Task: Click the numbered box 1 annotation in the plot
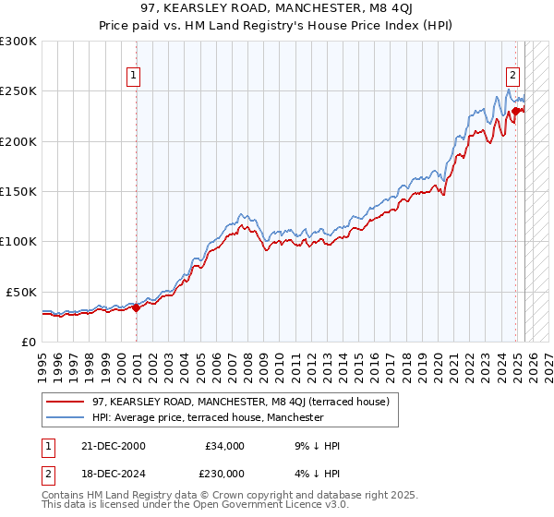point(134,77)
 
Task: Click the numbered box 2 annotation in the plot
point(512,77)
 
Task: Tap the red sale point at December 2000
point(137,308)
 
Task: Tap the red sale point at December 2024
point(516,112)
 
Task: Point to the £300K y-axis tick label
point(18,42)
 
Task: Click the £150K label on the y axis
point(18,191)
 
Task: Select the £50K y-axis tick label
point(22,291)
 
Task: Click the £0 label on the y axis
point(30,342)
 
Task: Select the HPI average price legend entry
point(208,417)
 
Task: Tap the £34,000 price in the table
point(224,446)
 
